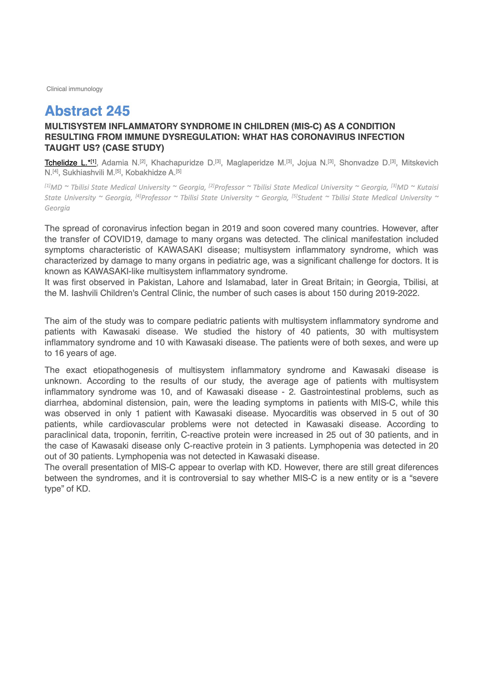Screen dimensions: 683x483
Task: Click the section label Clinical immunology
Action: (74, 89)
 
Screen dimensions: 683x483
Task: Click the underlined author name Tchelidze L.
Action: (66, 163)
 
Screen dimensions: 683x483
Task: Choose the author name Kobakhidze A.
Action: (150, 173)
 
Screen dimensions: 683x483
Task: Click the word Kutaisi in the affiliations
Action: (428, 187)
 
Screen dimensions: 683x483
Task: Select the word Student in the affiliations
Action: (310, 198)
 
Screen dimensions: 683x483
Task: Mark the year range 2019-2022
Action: (397, 293)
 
